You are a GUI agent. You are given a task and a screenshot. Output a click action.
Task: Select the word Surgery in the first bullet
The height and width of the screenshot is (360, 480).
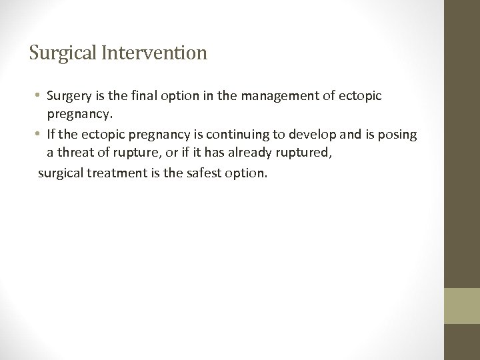click(x=69, y=96)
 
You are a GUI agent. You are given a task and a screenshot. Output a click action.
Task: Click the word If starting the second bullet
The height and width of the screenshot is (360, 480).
click(x=51, y=135)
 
